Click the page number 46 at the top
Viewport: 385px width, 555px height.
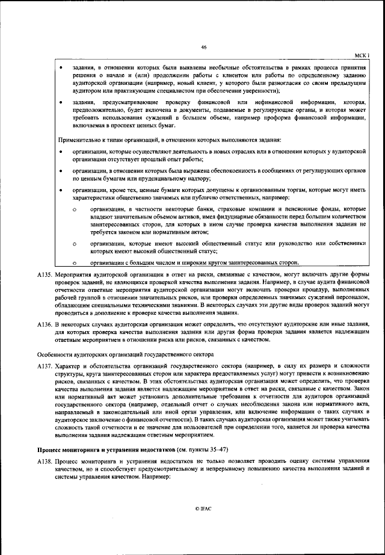pyautogui.click(x=204, y=47)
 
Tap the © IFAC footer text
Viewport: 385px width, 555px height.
pyautogui.click(x=204, y=509)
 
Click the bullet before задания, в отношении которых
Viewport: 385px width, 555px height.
pyautogui.click(x=61, y=68)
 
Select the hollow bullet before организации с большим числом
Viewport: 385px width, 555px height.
pyautogui.click(x=73, y=263)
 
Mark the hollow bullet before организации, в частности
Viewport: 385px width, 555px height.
pyautogui.click(x=73, y=208)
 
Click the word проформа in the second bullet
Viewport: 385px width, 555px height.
pyautogui.click(x=280, y=119)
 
